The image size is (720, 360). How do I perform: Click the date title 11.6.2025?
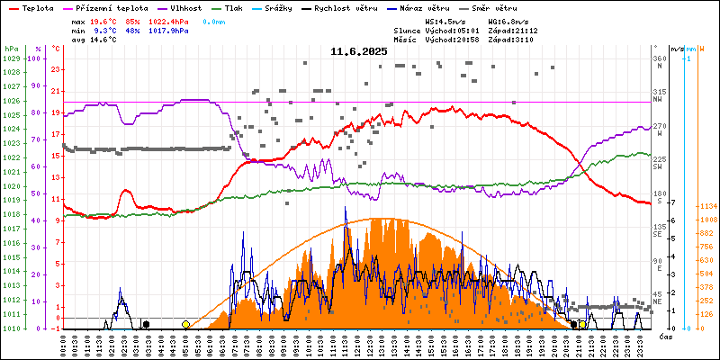358,52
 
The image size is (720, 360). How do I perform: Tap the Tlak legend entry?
235,7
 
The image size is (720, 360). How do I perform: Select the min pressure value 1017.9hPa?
168,30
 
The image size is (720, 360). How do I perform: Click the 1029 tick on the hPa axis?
11,58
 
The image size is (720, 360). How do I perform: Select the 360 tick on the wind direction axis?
660,58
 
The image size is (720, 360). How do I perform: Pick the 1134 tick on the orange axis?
706,206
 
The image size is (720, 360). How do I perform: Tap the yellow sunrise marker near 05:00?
185,324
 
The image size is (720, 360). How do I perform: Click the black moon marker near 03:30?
146,324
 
